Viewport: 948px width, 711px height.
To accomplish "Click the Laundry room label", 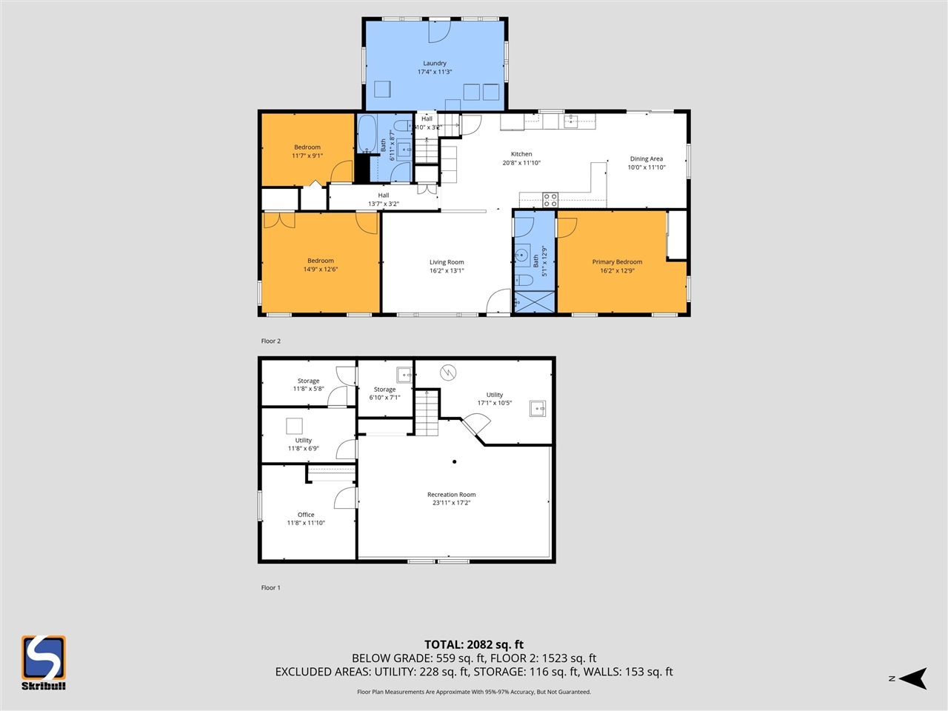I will pos(435,64).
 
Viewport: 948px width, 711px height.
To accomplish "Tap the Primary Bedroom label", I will pos(617,262).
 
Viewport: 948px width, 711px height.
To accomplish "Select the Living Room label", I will pos(447,262).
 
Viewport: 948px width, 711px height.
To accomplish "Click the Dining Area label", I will pos(646,158).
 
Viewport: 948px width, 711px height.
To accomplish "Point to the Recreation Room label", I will pos(451,495).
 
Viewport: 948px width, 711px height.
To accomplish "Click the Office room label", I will pos(306,515).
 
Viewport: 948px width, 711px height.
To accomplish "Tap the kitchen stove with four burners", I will pos(550,199).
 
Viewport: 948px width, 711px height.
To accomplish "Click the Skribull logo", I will pos(43,662).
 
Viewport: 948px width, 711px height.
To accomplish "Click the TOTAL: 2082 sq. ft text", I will pos(473,644).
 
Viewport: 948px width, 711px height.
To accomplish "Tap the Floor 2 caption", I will pos(271,341).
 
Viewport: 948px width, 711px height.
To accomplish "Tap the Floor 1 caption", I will pos(271,588).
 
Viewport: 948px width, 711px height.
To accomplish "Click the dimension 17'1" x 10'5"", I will pos(494,403).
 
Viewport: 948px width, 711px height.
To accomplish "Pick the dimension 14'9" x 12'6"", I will pos(320,270).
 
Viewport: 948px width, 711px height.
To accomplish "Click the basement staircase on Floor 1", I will pos(426,413).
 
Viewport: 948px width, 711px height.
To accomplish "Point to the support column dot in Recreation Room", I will pos(454,461).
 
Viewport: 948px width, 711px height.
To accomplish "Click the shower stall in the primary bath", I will pos(533,302).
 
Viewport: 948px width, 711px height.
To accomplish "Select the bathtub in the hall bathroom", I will pos(367,134).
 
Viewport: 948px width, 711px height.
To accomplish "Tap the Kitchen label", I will pos(521,154).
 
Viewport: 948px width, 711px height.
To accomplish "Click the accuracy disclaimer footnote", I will pos(473,692).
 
